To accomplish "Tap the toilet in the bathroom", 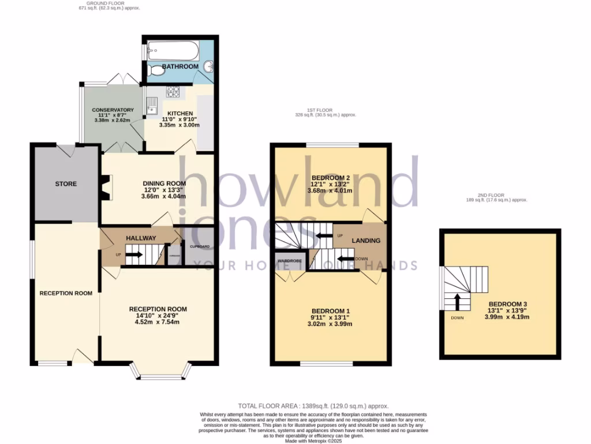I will pyautogui.click(x=155, y=71).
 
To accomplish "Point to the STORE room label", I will pyautogui.click(x=66, y=184).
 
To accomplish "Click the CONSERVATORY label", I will pyautogui.click(x=113, y=110).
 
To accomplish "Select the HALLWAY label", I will pyautogui.click(x=141, y=238).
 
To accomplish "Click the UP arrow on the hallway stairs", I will pyautogui.click(x=134, y=254).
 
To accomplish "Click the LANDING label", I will pyautogui.click(x=366, y=240).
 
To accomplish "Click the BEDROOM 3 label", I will pyautogui.click(x=508, y=304).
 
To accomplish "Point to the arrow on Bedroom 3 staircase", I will pyautogui.click(x=457, y=301).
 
